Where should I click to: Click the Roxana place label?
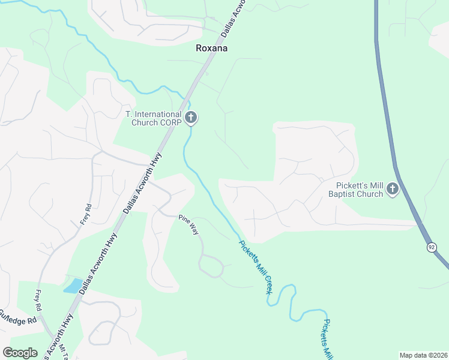(x=212, y=49)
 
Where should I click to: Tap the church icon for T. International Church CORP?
(x=191, y=118)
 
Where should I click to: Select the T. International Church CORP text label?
(x=152, y=118)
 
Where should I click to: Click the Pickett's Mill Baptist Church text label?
(x=356, y=190)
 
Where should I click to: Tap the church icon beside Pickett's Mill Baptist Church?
(x=393, y=190)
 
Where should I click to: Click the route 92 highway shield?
(x=432, y=247)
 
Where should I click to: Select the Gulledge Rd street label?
(x=18, y=317)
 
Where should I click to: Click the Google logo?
(x=20, y=353)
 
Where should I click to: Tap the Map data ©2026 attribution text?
(x=424, y=355)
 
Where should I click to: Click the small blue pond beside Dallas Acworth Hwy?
(x=73, y=286)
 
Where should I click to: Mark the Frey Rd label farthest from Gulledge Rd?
(x=85, y=214)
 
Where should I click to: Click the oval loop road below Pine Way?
(x=211, y=265)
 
